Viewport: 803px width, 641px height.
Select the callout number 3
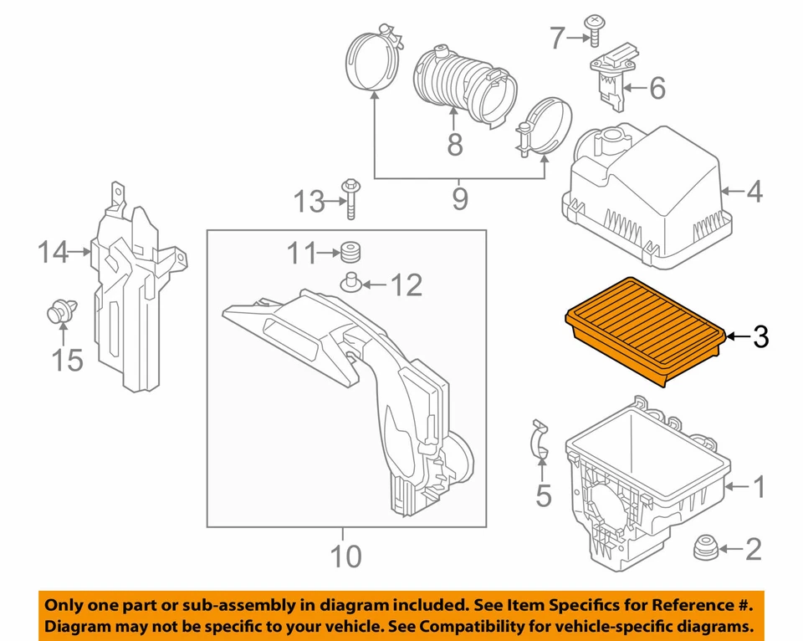[x=760, y=336]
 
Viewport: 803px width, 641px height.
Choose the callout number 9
[x=459, y=199]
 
